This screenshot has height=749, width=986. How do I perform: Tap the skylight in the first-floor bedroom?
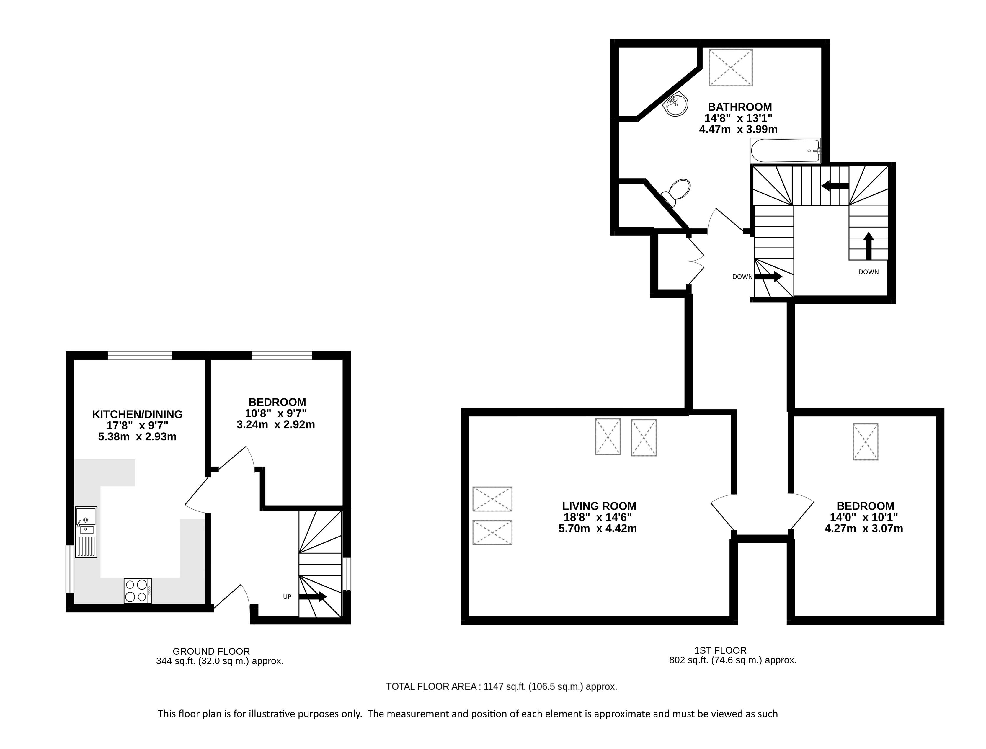click(x=866, y=441)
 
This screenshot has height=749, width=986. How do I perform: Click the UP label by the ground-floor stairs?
click(x=287, y=596)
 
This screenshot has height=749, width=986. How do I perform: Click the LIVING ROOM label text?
click(x=599, y=506)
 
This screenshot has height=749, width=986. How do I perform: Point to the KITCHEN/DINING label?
click(x=137, y=414)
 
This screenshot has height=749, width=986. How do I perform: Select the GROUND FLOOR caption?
click(x=211, y=651)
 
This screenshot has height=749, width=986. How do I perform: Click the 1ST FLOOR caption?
click(x=720, y=650)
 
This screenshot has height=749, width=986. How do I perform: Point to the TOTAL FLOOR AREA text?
click(x=432, y=686)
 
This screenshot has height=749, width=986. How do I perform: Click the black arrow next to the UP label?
click(x=313, y=596)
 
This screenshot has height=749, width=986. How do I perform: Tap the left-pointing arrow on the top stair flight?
click(x=835, y=185)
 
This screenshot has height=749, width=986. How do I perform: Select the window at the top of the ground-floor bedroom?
click(x=282, y=355)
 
